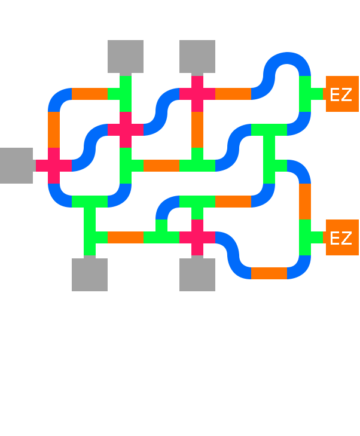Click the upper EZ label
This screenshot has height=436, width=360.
(341, 94)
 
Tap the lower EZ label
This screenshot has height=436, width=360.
(341, 239)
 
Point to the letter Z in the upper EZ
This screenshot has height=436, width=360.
(346, 94)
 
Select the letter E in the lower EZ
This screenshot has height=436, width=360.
(335, 239)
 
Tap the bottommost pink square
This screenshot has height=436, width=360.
(197, 234)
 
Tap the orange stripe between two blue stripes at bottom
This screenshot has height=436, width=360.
(269, 299)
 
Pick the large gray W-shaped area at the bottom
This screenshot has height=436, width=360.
(120, 305)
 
